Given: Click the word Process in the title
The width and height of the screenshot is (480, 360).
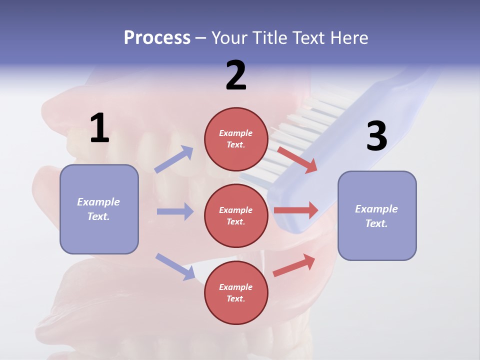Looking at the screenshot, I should point(157,38).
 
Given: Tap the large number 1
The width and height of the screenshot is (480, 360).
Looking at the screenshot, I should point(99,128).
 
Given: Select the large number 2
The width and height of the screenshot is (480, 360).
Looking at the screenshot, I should point(236,75).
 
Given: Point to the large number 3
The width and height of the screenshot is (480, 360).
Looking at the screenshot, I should point(376,136).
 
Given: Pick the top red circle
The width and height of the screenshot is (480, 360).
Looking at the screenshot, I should point(236,139).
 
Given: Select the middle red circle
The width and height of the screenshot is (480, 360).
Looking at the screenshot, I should point(236,215).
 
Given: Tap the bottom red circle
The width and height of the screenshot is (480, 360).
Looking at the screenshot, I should point(236,292).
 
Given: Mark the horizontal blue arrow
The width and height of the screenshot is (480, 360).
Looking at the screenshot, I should point(175,211).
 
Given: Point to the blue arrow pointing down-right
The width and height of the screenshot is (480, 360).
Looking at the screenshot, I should point(175,266).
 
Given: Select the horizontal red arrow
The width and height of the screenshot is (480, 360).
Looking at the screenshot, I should point(296,210).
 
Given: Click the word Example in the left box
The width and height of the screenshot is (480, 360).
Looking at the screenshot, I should point(98,202).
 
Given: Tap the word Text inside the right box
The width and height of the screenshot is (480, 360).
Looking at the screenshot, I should point(376,223).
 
